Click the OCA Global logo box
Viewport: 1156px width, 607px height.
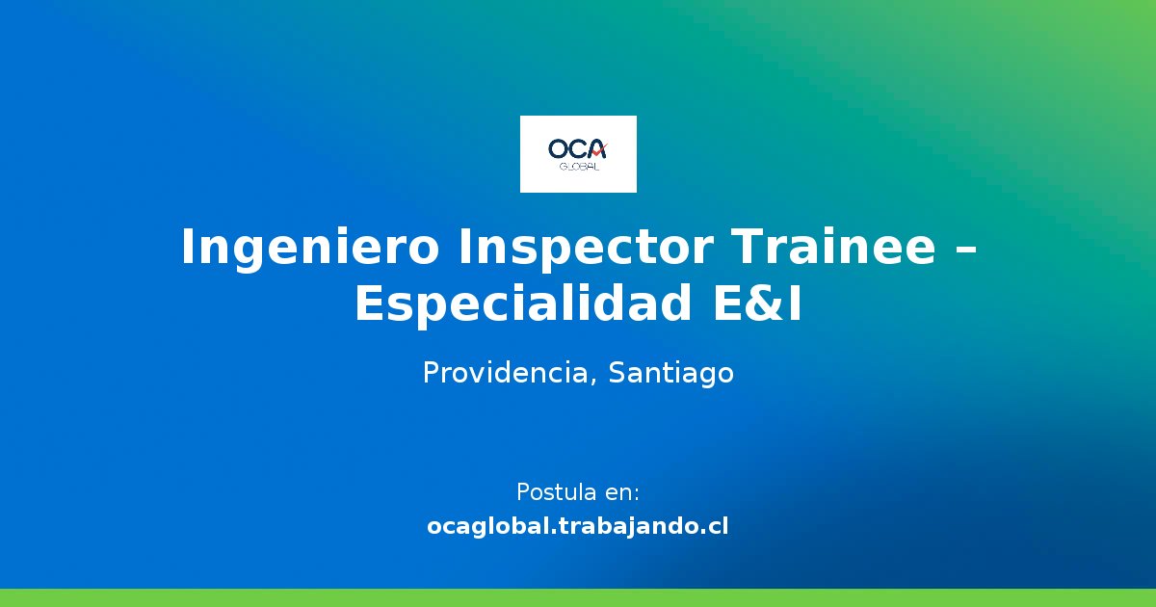(578, 154)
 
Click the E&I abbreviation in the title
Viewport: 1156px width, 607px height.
(757, 304)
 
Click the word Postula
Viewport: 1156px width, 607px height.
(556, 492)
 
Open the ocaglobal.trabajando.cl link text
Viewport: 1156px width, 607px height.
(578, 527)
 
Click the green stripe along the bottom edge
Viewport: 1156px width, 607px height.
(578, 597)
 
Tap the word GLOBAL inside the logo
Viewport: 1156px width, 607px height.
(579, 167)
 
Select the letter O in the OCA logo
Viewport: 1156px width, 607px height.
(560, 149)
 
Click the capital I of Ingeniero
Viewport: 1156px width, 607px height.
(189, 248)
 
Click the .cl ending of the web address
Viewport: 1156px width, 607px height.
(714, 527)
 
